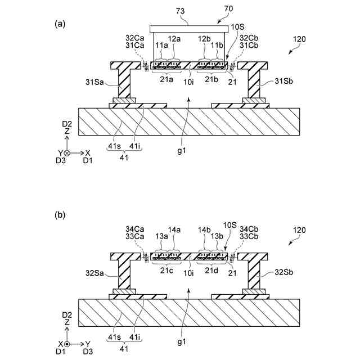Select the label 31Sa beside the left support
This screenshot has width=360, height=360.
tap(95, 82)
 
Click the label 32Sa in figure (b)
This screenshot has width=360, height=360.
tap(95, 272)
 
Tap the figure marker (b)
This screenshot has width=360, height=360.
tap(60, 214)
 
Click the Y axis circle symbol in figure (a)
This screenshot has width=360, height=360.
tap(67, 152)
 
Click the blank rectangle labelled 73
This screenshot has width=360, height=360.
tap(186, 29)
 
